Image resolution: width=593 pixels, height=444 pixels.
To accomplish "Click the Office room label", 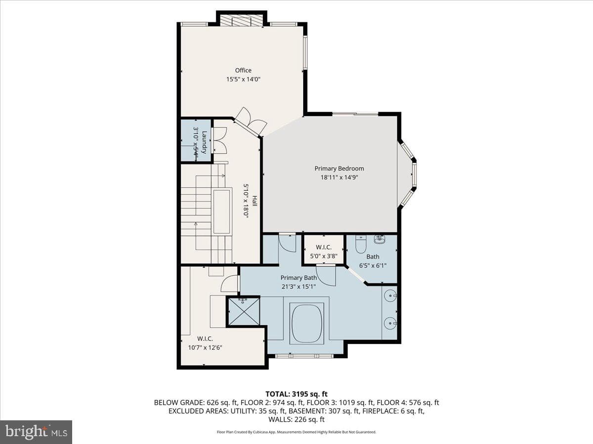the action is (x=243, y=71).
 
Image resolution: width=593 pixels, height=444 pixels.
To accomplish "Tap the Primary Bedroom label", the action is (x=339, y=169).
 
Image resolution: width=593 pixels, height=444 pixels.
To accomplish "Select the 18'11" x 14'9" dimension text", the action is (x=339, y=178).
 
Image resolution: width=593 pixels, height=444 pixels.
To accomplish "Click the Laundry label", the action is (x=205, y=142).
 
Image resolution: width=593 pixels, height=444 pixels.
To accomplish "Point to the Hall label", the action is (x=254, y=201).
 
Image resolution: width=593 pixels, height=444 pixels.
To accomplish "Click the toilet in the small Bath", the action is (x=360, y=244).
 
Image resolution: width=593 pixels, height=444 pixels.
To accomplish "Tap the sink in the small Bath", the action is (x=380, y=239).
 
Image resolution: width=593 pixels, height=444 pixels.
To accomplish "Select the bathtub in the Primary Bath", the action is (x=307, y=323).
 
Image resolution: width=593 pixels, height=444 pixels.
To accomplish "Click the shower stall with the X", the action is (x=244, y=312).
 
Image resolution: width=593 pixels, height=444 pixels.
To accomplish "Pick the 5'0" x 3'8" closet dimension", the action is (x=323, y=256).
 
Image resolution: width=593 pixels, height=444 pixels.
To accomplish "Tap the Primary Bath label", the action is (x=298, y=278).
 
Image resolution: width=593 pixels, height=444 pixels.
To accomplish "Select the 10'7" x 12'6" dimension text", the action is (x=205, y=347).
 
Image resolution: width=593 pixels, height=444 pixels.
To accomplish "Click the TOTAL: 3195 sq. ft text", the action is (x=296, y=394).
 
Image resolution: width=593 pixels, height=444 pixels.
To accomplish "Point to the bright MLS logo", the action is (x=36, y=432).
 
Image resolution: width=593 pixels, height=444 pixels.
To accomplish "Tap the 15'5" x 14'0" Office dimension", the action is (x=243, y=79).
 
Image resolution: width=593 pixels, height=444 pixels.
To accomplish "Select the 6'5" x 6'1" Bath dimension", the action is (x=373, y=265).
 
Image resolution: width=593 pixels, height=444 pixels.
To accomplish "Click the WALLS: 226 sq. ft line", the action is (x=296, y=419).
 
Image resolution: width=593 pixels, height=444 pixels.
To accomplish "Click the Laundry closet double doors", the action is (x=219, y=141).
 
